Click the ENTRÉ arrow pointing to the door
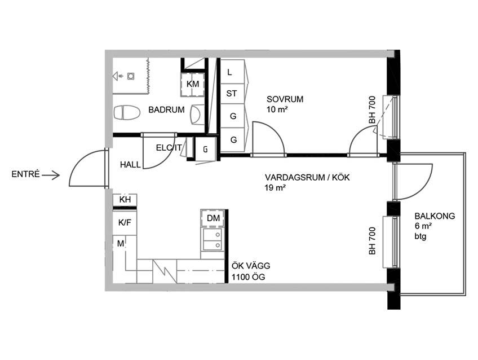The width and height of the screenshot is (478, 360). (51, 175)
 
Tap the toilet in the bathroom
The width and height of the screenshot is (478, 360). (127, 113)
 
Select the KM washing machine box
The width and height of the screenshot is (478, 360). (192, 84)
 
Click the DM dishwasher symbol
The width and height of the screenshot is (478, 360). (213, 218)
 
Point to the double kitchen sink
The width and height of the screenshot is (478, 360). (212, 239)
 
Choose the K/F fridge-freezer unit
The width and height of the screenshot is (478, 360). (125, 222)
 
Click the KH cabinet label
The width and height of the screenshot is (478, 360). (125, 200)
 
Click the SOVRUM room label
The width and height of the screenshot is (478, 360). (285, 99)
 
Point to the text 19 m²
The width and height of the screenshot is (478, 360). (275, 188)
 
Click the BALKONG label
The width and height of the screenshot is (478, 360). (435, 216)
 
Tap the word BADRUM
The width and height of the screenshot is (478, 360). (166, 109)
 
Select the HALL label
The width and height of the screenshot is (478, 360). (130, 165)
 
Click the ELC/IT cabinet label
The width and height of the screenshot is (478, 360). (169, 148)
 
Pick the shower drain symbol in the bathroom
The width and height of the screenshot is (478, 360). (131, 76)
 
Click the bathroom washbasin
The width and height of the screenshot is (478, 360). (197, 115)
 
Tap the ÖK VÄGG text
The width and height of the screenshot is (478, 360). (251, 266)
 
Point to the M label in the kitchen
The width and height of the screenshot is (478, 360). (121, 243)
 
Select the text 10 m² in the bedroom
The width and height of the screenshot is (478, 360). (277, 109)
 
